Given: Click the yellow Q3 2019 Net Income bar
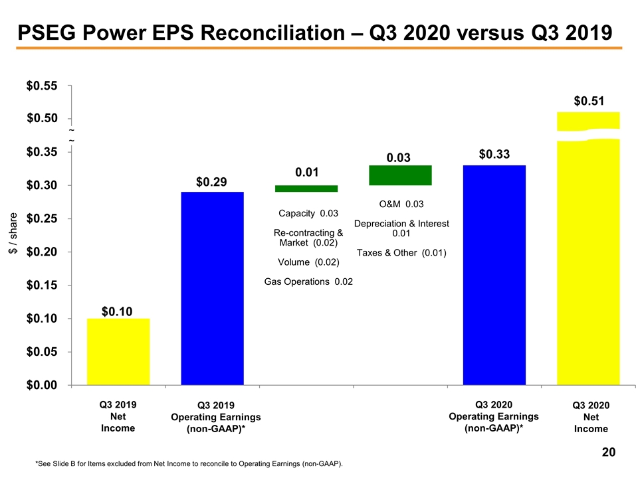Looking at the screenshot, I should click(x=118, y=351).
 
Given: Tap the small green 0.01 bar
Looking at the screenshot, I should click(x=306, y=189).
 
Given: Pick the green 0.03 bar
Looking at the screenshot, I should click(x=400, y=175).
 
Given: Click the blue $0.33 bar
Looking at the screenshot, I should click(x=494, y=275).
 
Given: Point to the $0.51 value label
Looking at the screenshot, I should click(x=589, y=101).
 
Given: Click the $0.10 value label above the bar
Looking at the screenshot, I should click(x=117, y=311).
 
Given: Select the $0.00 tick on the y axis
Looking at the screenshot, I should click(x=41, y=385).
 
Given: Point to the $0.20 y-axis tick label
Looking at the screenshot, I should click(x=41, y=252).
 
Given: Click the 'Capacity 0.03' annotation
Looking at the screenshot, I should click(x=308, y=213).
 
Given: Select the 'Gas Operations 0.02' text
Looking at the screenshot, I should click(x=308, y=282).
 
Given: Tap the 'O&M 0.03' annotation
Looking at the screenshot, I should click(x=401, y=204).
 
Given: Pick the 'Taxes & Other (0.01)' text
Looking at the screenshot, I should click(x=401, y=253).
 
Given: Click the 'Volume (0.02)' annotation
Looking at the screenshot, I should click(x=308, y=262).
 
